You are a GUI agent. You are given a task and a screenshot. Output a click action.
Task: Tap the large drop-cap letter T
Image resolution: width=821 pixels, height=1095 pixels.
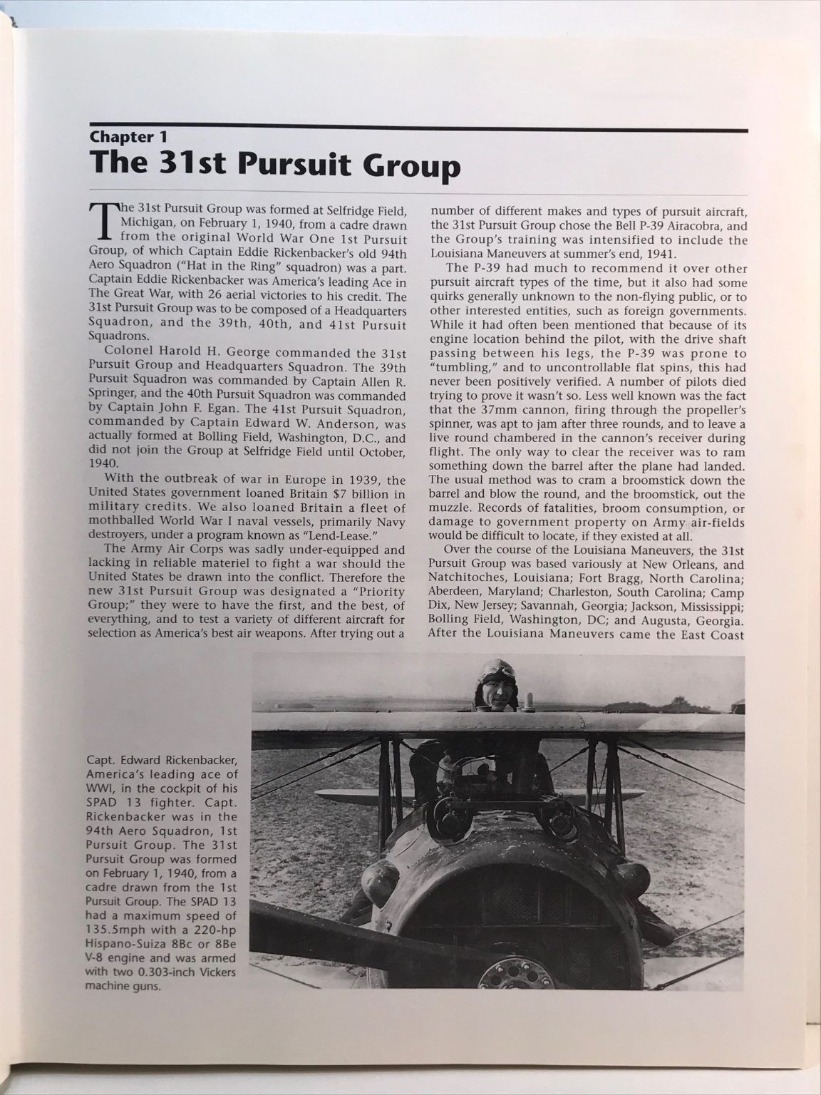click(x=103, y=220)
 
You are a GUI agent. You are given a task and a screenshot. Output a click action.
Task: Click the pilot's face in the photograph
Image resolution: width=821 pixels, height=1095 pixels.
click(x=497, y=694)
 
